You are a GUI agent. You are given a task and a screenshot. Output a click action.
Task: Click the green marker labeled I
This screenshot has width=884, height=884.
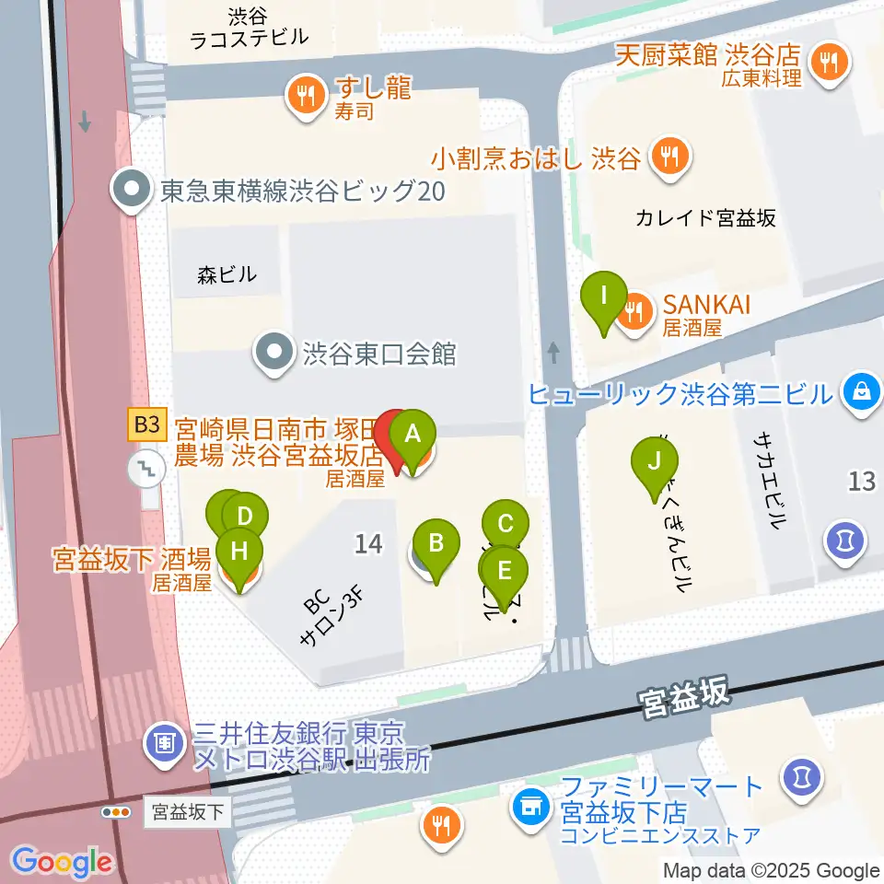[x=604, y=297]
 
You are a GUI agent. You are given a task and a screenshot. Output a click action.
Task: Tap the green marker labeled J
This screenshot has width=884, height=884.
[x=654, y=460]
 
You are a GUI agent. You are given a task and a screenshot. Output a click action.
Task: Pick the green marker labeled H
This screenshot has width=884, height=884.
[x=239, y=553]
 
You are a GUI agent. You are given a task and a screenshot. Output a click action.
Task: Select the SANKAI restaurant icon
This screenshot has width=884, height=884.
[x=634, y=311]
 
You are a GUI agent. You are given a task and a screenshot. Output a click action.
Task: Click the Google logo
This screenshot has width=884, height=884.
[x=62, y=862]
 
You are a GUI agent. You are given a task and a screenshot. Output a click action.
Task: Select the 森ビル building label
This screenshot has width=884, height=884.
[x=227, y=273]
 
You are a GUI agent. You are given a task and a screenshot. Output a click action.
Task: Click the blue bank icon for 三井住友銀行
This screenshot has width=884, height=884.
[x=166, y=739]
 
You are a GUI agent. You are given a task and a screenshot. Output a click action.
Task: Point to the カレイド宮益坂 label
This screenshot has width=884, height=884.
[x=706, y=218]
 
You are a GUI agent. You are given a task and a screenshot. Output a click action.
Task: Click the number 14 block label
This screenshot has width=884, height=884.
[x=367, y=544]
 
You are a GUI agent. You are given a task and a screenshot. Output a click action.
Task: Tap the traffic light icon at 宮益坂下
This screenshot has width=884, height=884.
[x=116, y=812]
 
